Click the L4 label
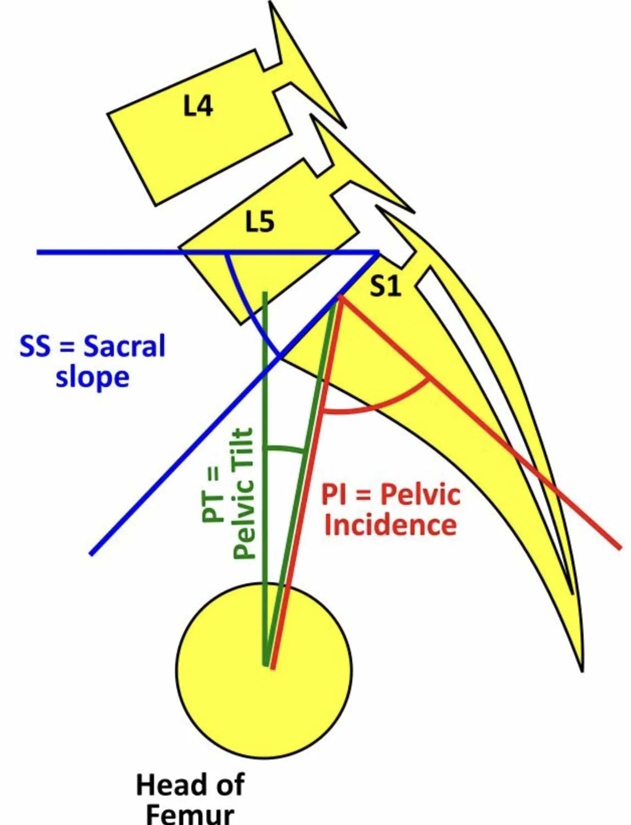[x=198, y=105]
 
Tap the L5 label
[x=259, y=222]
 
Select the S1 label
[x=385, y=286]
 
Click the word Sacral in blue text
[x=124, y=346]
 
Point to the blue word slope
[x=92, y=377]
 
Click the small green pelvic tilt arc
[x=284, y=448]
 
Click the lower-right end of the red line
[x=619, y=547]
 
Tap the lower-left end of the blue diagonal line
[x=91, y=553]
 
